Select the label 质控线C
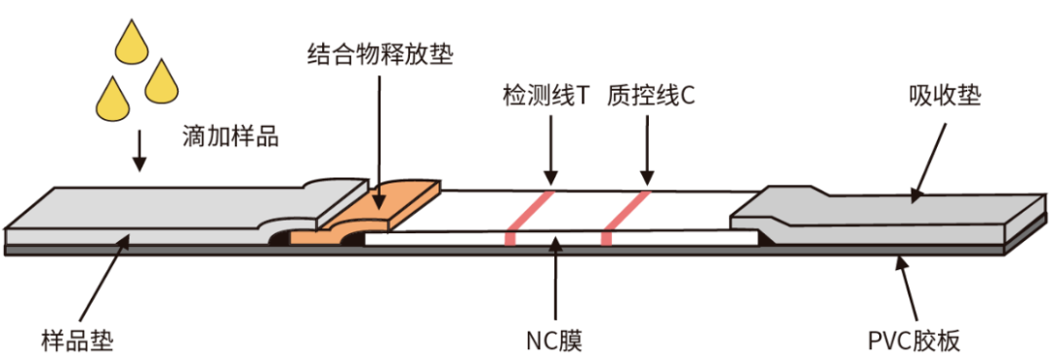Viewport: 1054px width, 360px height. click(650, 97)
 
